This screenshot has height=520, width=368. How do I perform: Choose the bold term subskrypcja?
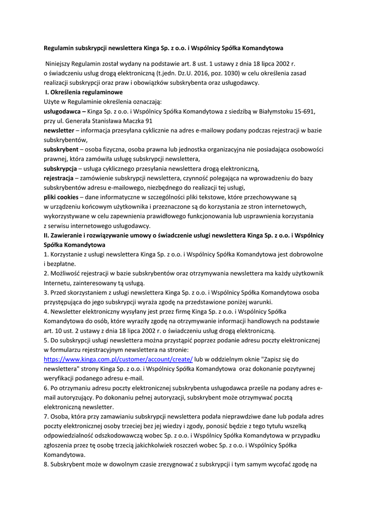[x=60, y=168]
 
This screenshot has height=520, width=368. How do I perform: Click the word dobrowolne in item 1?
[x=303, y=254]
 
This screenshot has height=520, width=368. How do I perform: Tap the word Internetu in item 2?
[x=58, y=283]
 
